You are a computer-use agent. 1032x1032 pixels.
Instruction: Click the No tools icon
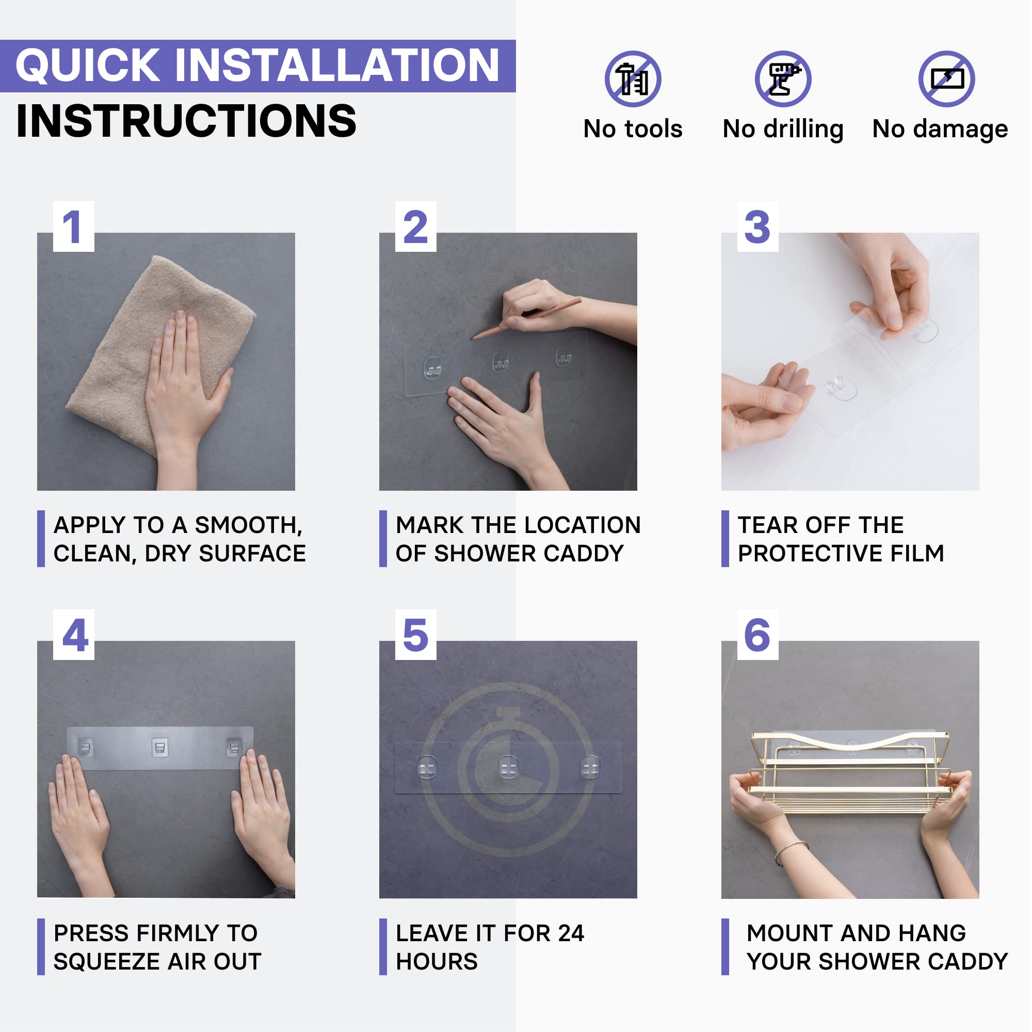pos(633,79)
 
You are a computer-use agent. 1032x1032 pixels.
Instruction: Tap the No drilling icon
pos(783,79)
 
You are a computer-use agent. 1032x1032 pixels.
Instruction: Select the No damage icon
pos(946,79)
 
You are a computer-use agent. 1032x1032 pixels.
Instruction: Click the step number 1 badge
pos(74,227)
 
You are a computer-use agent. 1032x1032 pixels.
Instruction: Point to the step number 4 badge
pos(74,635)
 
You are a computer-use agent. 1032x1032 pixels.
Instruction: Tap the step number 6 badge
pos(757,635)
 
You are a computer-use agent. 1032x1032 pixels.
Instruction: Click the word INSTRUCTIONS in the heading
pos(186,121)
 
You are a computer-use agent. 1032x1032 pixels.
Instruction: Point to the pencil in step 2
pos(526,319)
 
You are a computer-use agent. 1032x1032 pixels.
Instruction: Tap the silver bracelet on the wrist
pos(791,851)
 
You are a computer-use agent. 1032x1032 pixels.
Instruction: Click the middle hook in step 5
pos(508,768)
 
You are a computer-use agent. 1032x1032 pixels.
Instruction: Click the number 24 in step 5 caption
pos(571,933)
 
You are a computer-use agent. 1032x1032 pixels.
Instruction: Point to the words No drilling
pos(783,130)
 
